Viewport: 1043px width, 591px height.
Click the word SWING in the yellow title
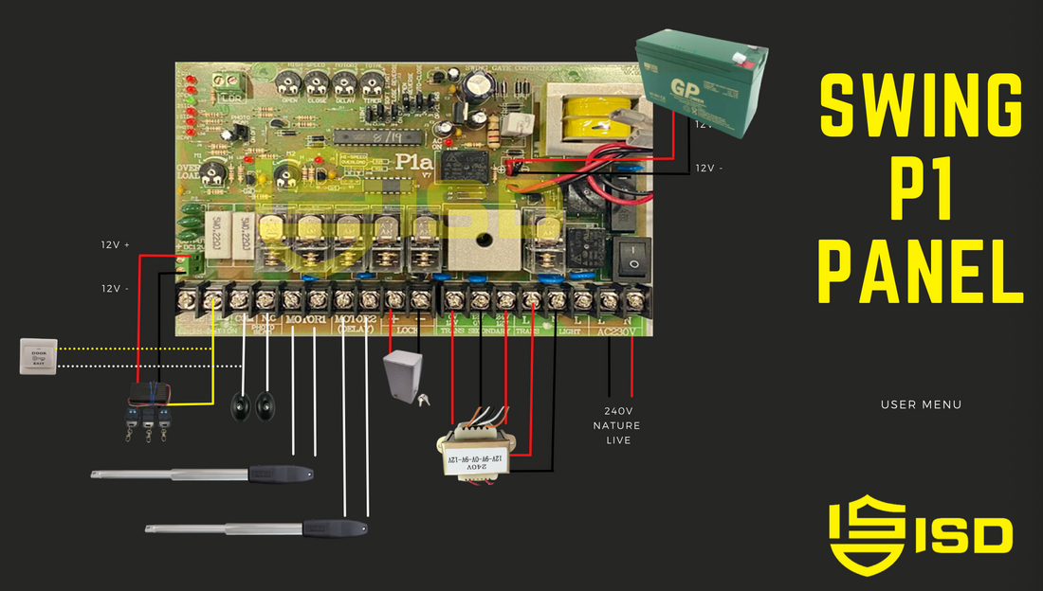pos(921,106)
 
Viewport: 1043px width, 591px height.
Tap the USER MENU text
pos(921,404)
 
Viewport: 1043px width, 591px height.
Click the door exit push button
pos(39,356)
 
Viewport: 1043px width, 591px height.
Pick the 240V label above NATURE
pos(616,411)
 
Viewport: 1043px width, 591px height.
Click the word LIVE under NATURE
pos(617,440)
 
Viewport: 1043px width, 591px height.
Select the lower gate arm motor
pos(256,528)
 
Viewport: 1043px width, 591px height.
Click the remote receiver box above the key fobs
pos(152,391)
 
